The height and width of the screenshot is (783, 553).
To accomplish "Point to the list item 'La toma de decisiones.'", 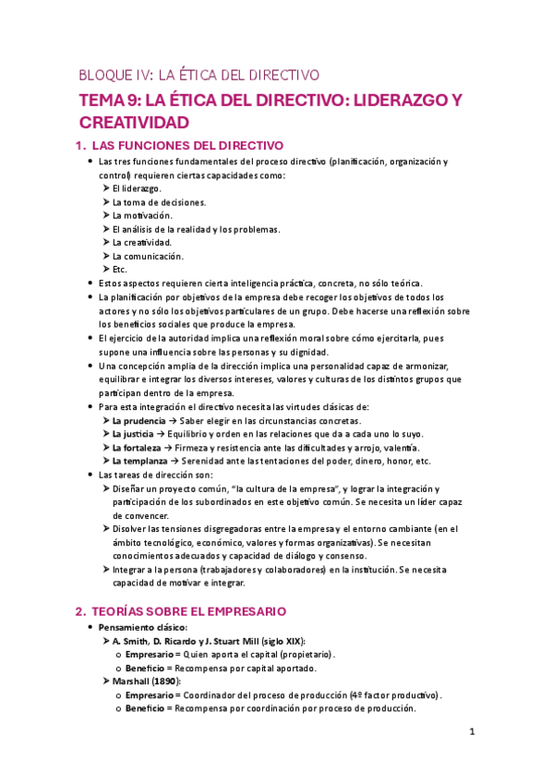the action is (x=159, y=202).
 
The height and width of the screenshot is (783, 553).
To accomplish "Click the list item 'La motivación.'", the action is (x=141, y=215).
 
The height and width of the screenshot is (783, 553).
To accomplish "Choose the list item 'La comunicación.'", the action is (x=148, y=256).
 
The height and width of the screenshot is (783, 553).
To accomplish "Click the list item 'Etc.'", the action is (x=120, y=270).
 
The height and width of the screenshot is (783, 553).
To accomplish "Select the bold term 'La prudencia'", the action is (x=139, y=421).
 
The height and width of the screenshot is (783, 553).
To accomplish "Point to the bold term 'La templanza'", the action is (x=140, y=461).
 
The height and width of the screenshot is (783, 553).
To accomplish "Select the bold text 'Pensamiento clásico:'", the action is (x=148, y=628).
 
